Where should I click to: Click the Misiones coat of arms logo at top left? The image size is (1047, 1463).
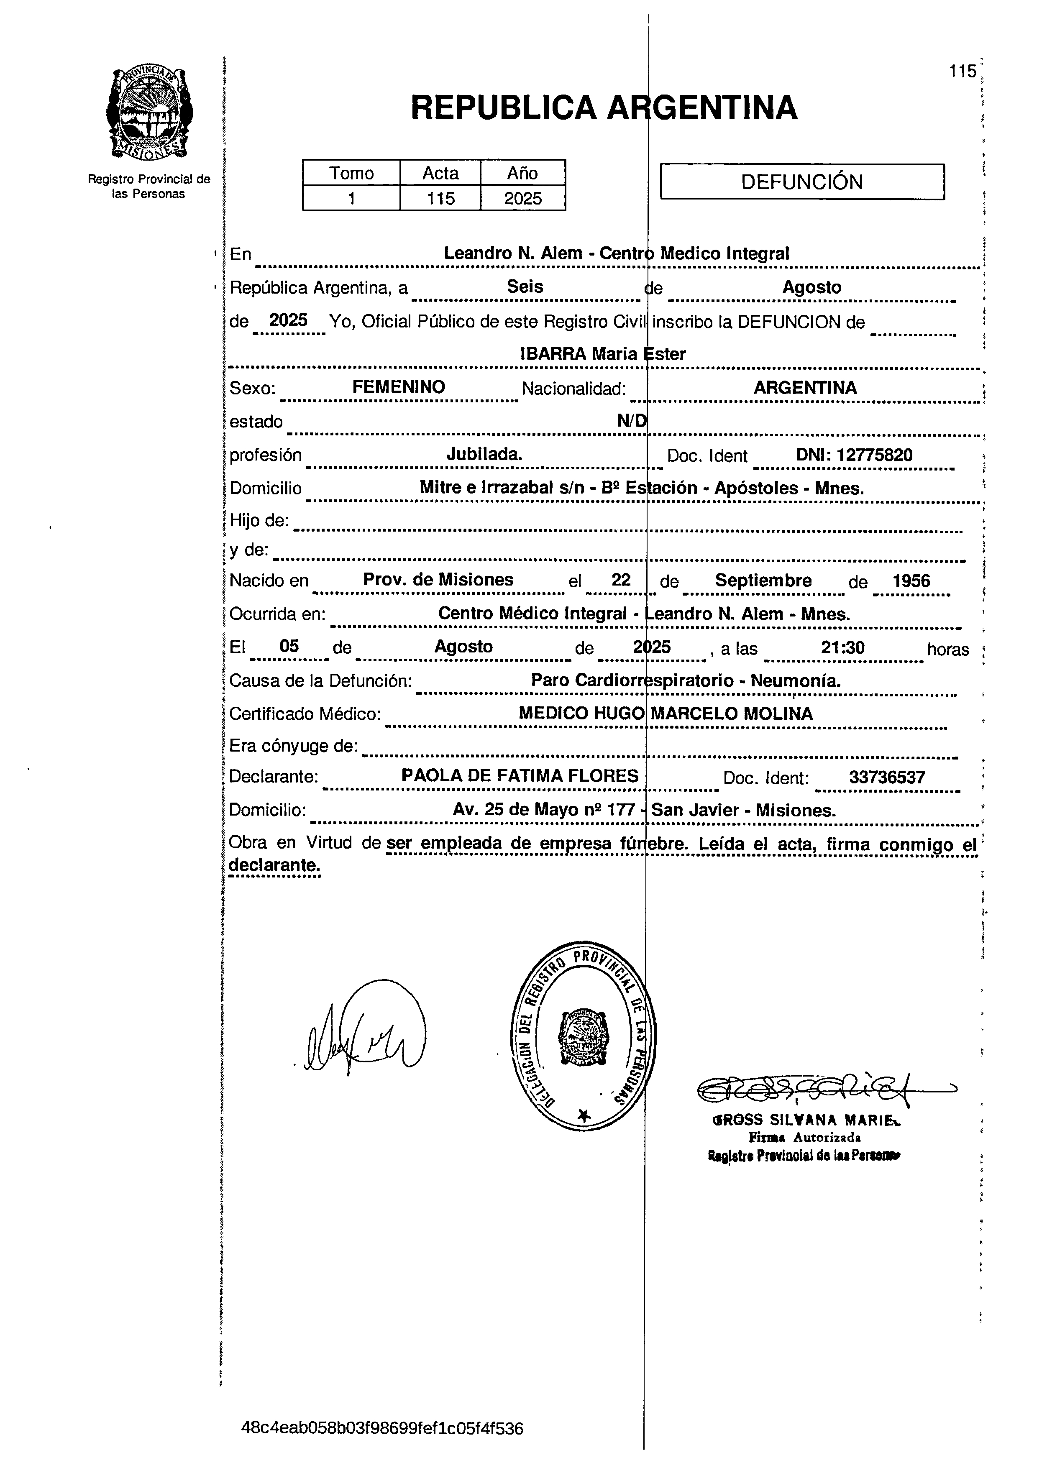coord(149,114)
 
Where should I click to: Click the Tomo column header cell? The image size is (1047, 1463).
coord(351,173)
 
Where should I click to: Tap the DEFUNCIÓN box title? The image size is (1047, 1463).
coord(801,182)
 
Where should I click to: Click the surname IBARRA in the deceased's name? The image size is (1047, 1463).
coord(553,354)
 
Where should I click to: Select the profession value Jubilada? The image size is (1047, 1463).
coord(484,454)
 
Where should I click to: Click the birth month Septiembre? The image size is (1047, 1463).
coord(763,580)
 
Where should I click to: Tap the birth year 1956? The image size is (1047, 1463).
coord(911,581)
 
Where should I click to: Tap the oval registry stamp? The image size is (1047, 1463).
coord(583,1036)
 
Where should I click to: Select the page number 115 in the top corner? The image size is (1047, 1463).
coord(963,72)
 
